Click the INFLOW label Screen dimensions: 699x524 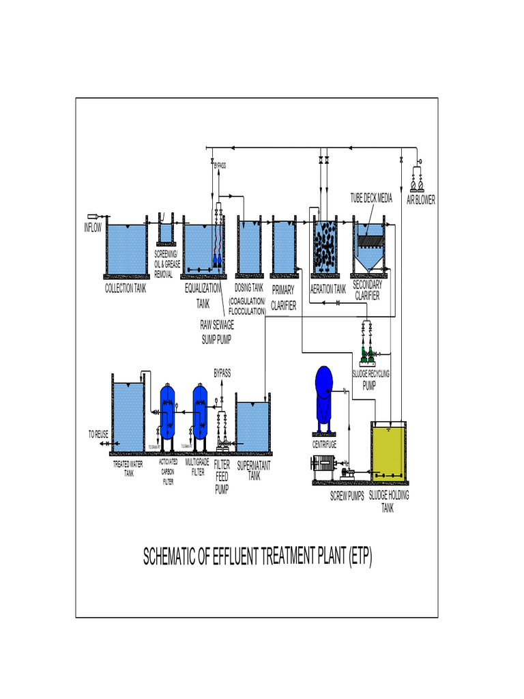[92, 228]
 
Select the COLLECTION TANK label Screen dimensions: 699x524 [125, 289]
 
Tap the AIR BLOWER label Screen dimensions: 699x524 [421, 200]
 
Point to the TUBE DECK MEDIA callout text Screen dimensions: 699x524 [372, 198]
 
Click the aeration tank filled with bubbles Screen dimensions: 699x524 [324, 246]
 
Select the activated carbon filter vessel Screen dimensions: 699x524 [167, 414]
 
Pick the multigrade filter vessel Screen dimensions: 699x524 [199, 412]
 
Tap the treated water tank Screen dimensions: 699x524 [128, 417]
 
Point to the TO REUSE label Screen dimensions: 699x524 [98, 433]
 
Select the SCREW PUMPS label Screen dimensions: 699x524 [347, 496]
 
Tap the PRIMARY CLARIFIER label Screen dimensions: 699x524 [283, 298]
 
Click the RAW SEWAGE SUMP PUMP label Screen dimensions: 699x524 [216, 332]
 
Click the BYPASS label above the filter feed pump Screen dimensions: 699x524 [222, 373]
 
